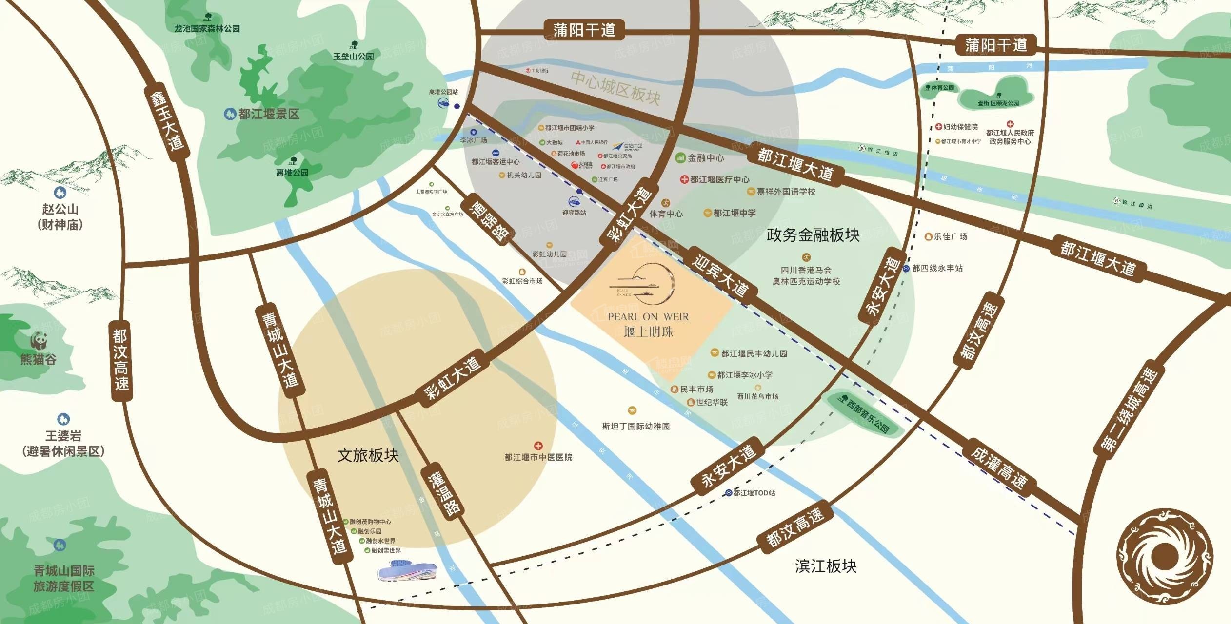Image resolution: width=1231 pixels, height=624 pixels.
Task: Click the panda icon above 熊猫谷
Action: tap(38, 340)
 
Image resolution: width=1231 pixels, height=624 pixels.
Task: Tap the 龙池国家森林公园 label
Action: tap(207, 29)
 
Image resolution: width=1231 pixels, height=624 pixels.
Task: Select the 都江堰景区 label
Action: tap(268, 114)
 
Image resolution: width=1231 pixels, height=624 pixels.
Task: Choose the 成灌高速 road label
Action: tap(998, 468)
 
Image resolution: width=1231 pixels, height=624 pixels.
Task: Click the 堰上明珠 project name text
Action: tap(648, 332)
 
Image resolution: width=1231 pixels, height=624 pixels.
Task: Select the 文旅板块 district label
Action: tap(368, 455)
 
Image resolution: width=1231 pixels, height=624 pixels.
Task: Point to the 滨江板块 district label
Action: tap(826, 566)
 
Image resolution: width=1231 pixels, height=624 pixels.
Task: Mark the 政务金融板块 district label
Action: tap(813, 235)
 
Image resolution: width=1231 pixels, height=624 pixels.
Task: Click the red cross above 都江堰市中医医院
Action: tap(538, 446)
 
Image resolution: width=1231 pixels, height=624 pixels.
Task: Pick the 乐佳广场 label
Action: tap(950, 236)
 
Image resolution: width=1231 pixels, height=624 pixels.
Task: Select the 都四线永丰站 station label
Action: tap(937, 268)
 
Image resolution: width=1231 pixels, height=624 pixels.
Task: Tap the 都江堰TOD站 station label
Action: tap(754, 493)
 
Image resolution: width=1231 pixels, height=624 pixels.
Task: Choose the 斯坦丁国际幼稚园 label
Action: tap(635, 426)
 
